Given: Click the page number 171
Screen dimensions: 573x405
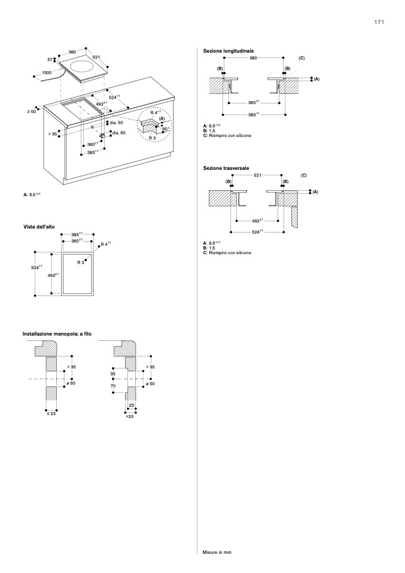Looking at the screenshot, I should (x=379, y=22).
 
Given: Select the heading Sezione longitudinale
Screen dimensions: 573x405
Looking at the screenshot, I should (x=229, y=51).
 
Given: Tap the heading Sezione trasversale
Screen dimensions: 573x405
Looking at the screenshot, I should (x=226, y=168).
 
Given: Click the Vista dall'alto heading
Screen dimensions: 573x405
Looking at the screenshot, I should (x=40, y=226).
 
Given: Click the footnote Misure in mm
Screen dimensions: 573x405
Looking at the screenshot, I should (x=217, y=552).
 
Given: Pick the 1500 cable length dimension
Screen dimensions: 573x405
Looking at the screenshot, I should (x=47, y=72).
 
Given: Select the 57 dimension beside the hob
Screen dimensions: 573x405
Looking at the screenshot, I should (x=50, y=59).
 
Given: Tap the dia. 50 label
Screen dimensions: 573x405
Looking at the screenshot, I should (x=116, y=123).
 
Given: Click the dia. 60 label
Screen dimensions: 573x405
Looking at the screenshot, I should (x=118, y=133).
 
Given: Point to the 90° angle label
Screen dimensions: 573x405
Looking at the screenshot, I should (x=165, y=129).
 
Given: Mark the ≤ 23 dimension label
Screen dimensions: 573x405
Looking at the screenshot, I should (x=51, y=413).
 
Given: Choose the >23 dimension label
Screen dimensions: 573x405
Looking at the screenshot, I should (x=130, y=416).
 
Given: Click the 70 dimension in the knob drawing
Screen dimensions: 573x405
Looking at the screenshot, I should (x=113, y=386).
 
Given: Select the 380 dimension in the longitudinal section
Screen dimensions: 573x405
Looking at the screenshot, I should (x=253, y=58).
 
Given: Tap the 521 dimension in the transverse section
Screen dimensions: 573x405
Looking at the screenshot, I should (x=257, y=175).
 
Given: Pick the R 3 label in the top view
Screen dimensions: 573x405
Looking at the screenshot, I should (x=81, y=263).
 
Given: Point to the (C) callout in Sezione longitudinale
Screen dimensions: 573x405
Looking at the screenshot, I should (x=302, y=58).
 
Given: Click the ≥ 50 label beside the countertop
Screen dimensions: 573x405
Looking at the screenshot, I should (x=32, y=111).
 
